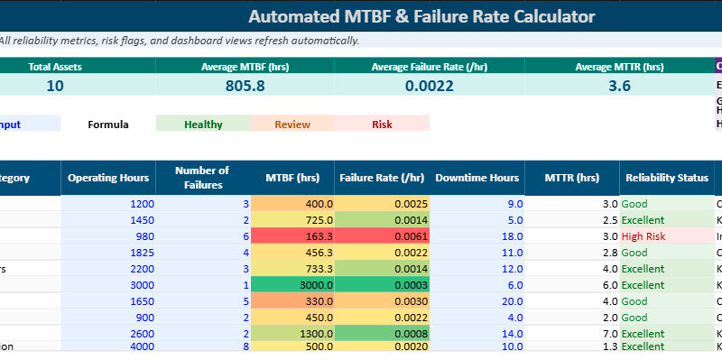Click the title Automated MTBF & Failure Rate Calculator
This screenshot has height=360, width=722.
(x=421, y=16)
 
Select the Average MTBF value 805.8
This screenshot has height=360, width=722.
(x=245, y=86)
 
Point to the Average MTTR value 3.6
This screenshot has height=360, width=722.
(x=619, y=86)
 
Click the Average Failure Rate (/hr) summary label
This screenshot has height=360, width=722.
(x=423, y=66)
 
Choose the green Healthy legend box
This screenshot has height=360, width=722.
(x=203, y=124)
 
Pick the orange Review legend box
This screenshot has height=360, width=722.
(x=292, y=124)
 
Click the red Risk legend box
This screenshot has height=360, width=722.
(x=382, y=124)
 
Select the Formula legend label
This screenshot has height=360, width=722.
(x=108, y=124)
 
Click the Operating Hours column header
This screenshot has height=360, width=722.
(x=107, y=178)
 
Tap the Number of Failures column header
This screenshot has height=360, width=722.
(x=202, y=178)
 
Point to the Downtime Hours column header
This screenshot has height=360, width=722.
(x=477, y=178)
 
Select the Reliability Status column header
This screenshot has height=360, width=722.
(x=666, y=178)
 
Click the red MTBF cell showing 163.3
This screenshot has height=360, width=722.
(x=292, y=236)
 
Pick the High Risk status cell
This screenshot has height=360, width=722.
(x=666, y=236)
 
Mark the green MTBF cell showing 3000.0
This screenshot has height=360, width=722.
(x=292, y=285)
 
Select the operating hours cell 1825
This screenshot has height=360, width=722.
(x=107, y=253)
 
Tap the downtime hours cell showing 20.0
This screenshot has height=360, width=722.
(x=477, y=301)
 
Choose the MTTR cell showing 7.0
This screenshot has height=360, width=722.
(x=572, y=334)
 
